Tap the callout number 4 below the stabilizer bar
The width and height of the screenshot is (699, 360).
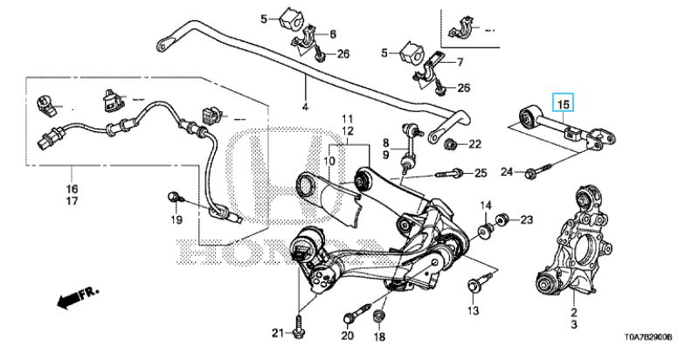tap(305, 107)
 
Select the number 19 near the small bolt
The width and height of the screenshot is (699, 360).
tap(174, 219)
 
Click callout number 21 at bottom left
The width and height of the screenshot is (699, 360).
tap(277, 333)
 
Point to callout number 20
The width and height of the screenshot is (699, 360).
tap(347, 336)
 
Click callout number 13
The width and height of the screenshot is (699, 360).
tap(473, 310)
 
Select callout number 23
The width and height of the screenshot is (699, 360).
tap(526, 218)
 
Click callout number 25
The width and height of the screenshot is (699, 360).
tap(479, 174)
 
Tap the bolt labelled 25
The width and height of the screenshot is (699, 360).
tap(451, 174)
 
